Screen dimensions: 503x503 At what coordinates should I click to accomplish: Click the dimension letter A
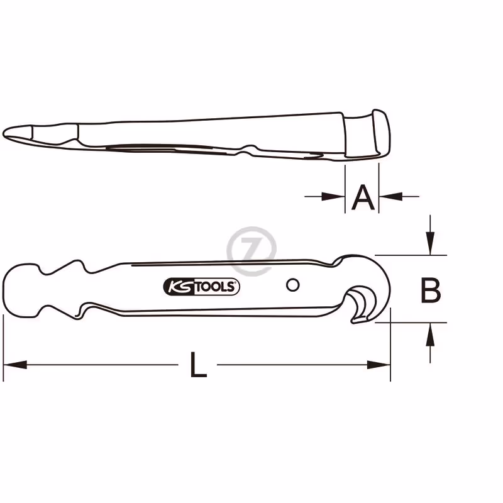tap(363, 197)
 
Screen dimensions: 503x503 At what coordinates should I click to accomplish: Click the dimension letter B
tap(431, 290)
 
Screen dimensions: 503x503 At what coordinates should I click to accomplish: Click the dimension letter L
tap(198, 365)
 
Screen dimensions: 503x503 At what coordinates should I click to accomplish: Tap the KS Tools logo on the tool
tap(201, 287)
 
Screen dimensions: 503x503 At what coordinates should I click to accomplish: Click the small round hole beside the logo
tap(292, 285)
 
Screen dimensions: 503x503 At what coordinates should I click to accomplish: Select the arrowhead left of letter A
tap(333, 196)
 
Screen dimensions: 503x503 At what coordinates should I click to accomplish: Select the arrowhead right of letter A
tap(390, 196)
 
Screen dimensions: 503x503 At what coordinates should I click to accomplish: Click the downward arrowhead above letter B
tap(430, 243)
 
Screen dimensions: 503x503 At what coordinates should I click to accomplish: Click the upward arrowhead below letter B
tap(430, 334)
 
